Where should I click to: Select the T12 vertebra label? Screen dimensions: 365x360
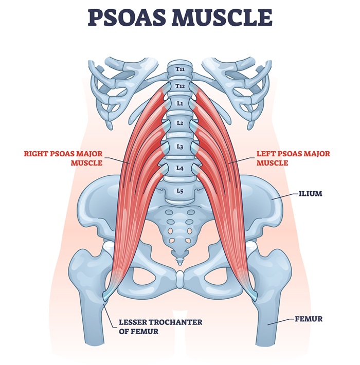pyautogui.click(x=179, y=86)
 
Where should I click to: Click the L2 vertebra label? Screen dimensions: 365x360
pyautogui.click(x=179, y=123)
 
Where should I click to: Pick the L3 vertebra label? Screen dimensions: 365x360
pyautogui.click(x=179, y=147)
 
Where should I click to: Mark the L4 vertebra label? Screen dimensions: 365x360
pyautogui.click(x=179, y=168)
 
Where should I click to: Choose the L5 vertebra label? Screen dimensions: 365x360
pyautogui.click(x=179, y=191)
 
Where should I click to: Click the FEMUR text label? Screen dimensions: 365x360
pyautogui.click(x=309, y=319)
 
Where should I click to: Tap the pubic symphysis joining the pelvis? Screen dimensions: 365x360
pyautogui.click(x=179, y=280)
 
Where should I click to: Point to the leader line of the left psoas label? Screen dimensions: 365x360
pyautogui.click(x=242, y=161)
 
